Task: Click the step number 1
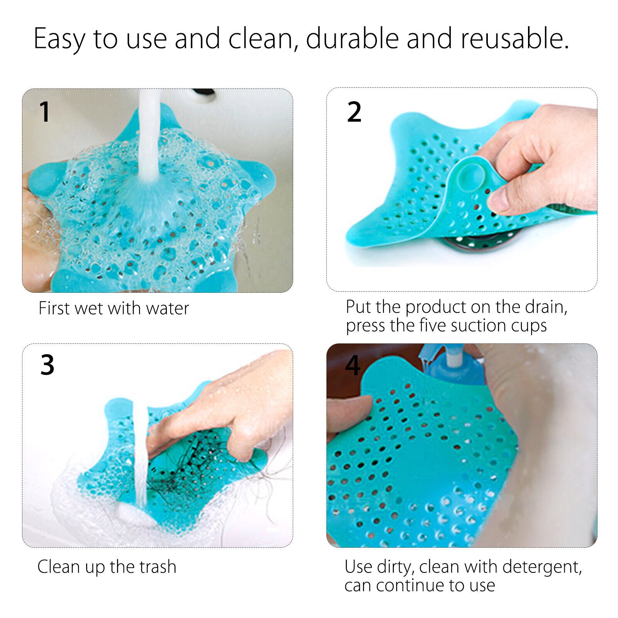[45, 112]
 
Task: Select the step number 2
[354, 112]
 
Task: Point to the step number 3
[47, 365]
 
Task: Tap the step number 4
[352, 365]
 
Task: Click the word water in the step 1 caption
[168, 308]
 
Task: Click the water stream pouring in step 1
[149, 139]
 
